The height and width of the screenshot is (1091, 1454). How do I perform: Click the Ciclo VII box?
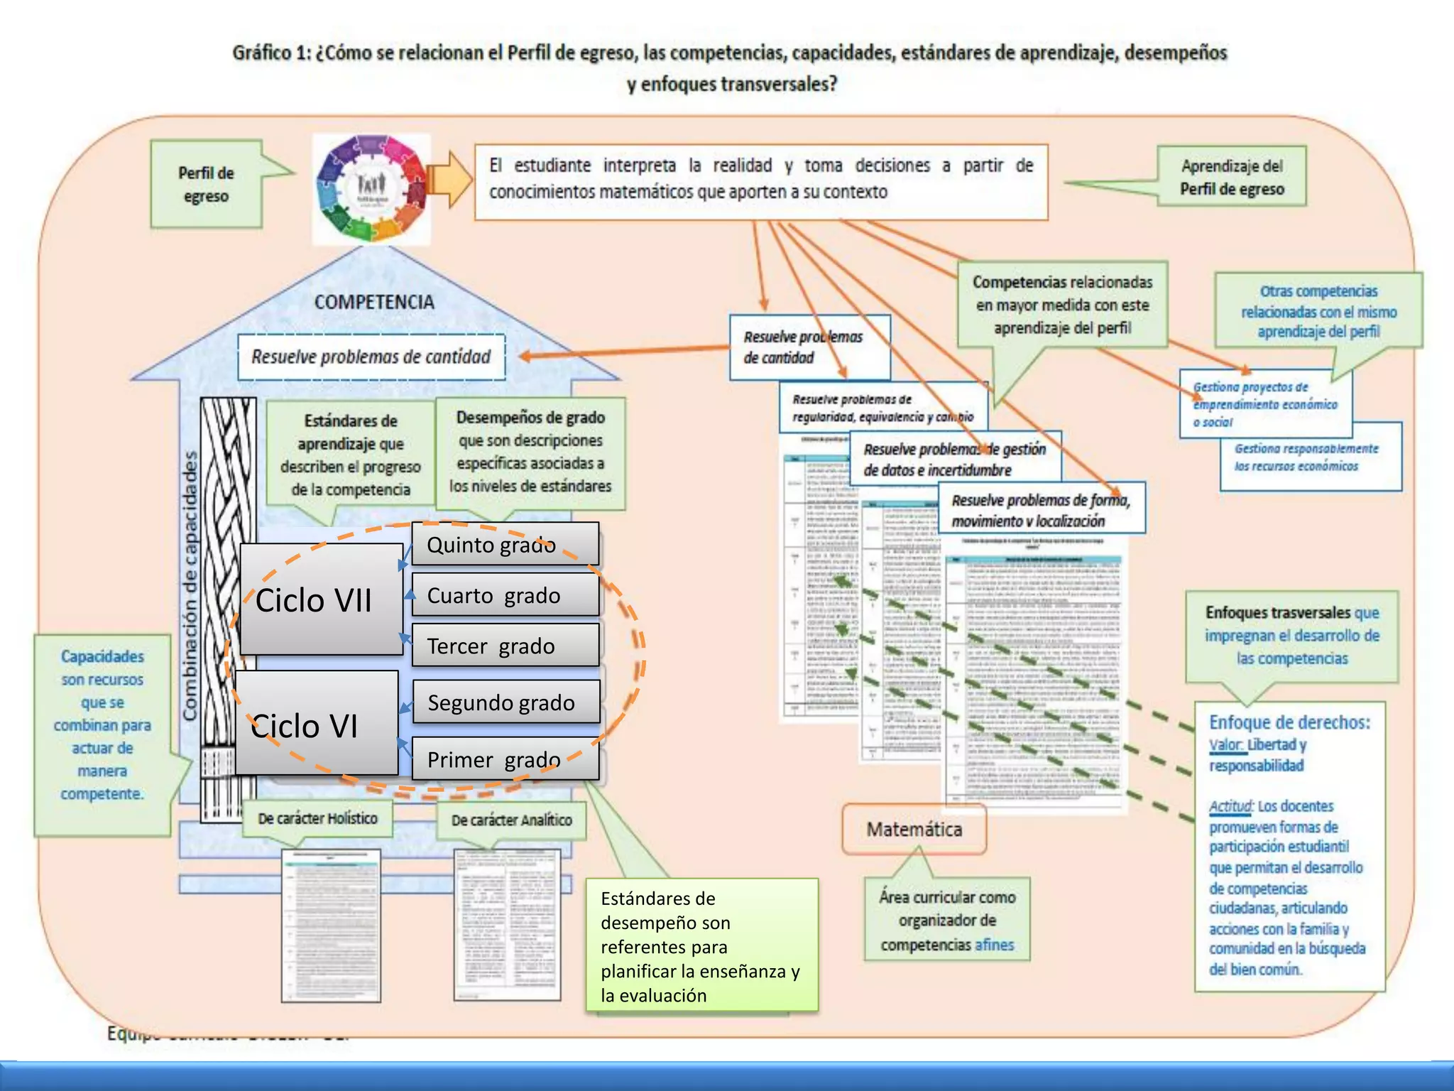pos(321,599)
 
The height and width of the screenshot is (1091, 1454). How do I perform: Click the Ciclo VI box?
pos(316,723)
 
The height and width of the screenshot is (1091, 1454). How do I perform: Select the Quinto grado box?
pos(505,545)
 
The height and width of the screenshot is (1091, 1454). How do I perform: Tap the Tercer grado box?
pos(505,646)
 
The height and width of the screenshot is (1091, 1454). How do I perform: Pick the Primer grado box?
pos(505,759)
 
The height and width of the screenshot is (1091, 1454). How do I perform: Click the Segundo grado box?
pos(505,702)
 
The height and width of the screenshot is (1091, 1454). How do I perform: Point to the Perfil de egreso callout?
pos(206,184)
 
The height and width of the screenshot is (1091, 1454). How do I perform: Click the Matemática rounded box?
pos(914,829)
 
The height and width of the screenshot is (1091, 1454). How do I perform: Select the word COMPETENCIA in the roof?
pos(374,302)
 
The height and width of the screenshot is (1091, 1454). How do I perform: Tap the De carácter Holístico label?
pos(317,818)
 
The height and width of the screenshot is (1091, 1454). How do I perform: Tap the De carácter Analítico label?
pos(511,820)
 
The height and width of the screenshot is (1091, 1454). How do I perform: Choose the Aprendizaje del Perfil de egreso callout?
pos(1231,177)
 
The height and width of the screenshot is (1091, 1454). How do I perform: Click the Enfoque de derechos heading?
pos(1289,722)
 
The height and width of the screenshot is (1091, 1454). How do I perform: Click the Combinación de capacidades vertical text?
pos(190,586)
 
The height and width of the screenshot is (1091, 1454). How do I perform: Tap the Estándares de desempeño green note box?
pos(701,945)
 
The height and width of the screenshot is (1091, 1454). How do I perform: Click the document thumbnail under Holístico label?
pos(331,925)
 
